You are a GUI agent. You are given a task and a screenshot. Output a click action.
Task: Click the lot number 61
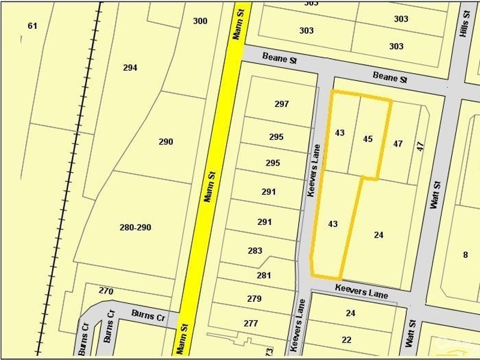(x=32, y=26)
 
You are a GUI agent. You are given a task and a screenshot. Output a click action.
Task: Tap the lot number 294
(x=130, y=68)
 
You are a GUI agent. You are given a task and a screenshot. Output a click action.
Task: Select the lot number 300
(x=200, y=21)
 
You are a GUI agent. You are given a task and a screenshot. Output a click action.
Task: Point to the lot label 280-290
(x=136, y=227)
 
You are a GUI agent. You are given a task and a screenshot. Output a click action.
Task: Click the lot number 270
(x=106, y=291)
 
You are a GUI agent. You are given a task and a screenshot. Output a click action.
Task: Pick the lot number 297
(x=282, y=104)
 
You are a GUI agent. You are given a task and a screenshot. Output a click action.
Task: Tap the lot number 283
(x=255, y=250)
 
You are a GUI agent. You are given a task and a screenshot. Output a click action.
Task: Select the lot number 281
(x=264, y=275)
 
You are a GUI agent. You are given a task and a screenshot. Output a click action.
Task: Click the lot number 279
(x=254, y=298)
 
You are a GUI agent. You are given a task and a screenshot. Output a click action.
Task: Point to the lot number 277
(x=251, y=323)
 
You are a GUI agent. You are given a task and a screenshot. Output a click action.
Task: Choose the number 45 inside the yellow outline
(x=368, y=139)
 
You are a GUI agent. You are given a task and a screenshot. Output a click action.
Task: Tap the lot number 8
(x=466, y=254)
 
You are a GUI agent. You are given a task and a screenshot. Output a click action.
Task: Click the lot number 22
(x=347, y=340)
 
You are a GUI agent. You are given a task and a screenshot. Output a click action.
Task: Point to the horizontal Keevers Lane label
(x=361, y=292)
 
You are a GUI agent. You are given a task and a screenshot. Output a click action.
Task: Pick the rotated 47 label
(x=420, y=146)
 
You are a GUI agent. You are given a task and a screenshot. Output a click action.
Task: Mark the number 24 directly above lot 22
(x=350, y=313)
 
